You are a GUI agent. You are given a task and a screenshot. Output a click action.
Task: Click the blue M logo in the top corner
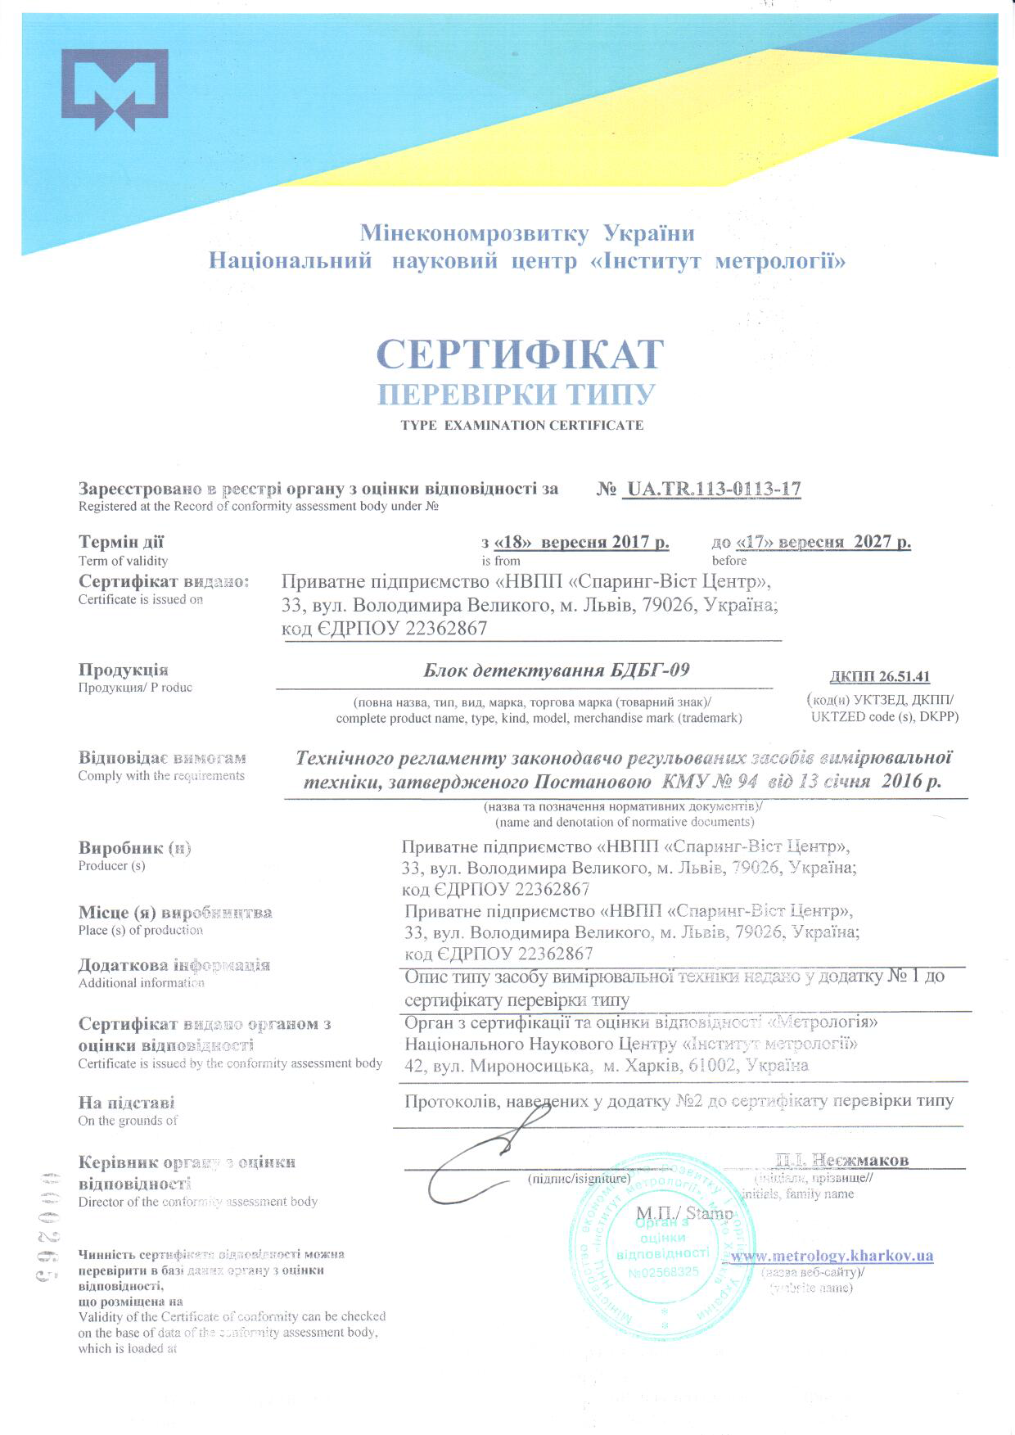tap(115, 89)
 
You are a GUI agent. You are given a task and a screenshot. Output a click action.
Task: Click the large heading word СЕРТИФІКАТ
tap(520, 354)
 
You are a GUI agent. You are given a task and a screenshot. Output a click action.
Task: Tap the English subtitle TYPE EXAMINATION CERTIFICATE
tap(521, 426)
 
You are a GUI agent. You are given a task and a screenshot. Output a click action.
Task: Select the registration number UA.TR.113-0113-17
tap(711, 489)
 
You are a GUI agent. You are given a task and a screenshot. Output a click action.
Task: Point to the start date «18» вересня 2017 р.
tap(575, 542)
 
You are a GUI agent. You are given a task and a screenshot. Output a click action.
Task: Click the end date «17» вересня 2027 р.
tap(811, 542)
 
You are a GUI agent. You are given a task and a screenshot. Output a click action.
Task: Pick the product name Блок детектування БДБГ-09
tap(556, 671)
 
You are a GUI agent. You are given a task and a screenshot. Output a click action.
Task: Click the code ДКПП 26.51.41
tap(879, 677)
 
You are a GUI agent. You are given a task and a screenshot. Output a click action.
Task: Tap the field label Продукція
tap(124, 670)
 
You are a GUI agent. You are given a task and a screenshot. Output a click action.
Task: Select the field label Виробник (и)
tap(135, 847)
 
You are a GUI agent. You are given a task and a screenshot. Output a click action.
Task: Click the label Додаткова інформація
tap(174, 965)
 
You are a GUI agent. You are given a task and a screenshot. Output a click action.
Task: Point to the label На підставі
tap(127, 1103)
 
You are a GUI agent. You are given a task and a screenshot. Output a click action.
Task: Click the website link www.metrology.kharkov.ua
tap(832, 1256)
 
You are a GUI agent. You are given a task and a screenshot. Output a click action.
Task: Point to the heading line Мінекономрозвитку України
tap(527, 234)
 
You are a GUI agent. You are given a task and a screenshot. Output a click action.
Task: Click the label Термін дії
tap(121, 542)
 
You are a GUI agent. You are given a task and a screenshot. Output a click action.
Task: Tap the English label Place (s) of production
tap(141, 930)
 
